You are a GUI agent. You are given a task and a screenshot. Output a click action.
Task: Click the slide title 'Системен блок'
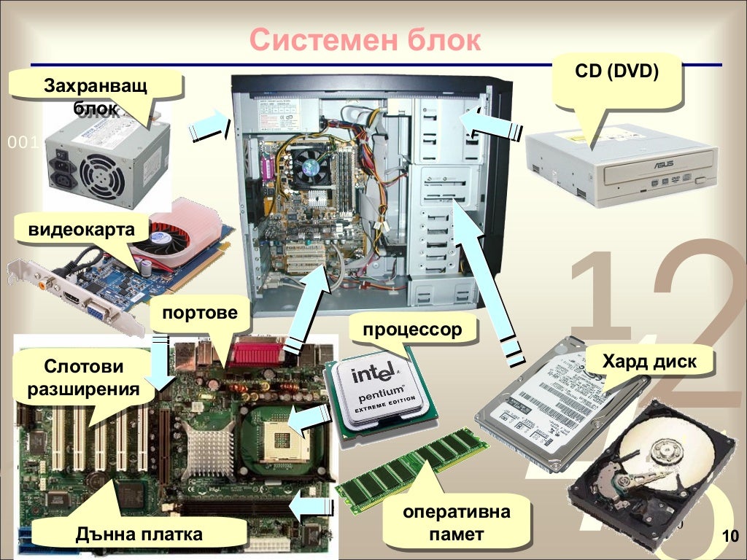tap(365, 39)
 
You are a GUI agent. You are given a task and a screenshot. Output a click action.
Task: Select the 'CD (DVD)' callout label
tap(616, 72)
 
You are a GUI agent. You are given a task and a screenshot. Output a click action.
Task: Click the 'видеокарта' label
tap(82, 230)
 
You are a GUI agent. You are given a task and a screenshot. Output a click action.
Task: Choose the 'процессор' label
tap(413, 330)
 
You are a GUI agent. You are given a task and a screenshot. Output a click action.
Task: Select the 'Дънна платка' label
tap(139, 534)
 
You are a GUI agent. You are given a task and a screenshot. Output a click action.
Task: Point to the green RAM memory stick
tap(413, 467)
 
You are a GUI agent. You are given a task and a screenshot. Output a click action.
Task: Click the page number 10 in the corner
tap(729, 538)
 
